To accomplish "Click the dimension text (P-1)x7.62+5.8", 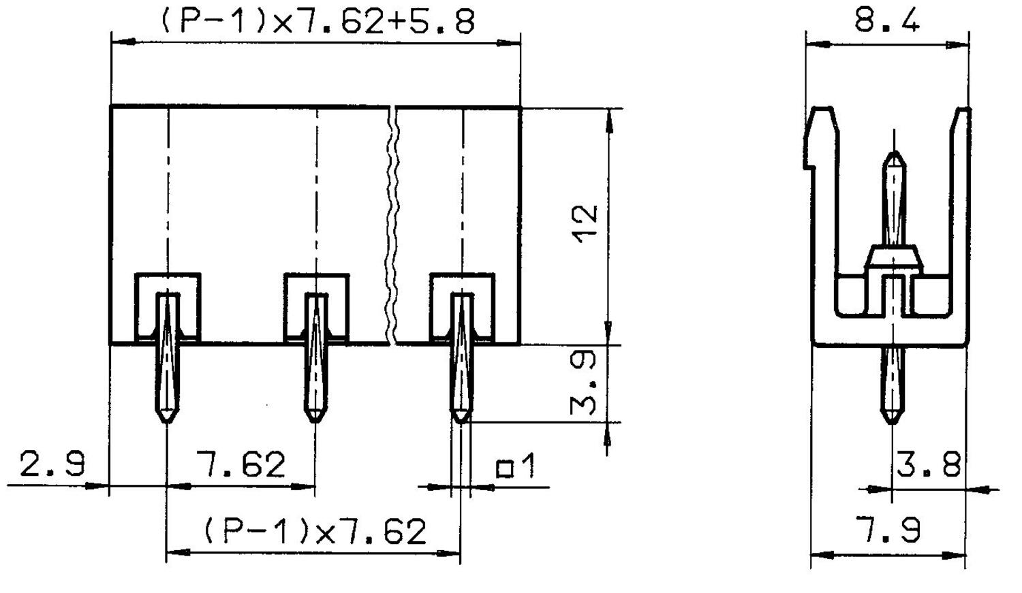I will [317, 21].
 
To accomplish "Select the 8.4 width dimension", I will [887, 20].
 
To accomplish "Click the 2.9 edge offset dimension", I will [52, 464].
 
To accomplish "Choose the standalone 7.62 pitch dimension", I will [241, 464].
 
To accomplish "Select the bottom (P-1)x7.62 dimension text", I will [315, 531].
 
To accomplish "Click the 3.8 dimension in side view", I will [928, 466].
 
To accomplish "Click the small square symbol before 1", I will [505, 469].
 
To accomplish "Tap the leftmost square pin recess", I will [168, 306].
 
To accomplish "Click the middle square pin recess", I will [316, 306].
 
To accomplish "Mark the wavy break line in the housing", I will [392, 225].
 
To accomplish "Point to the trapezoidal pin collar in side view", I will [893, 257].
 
